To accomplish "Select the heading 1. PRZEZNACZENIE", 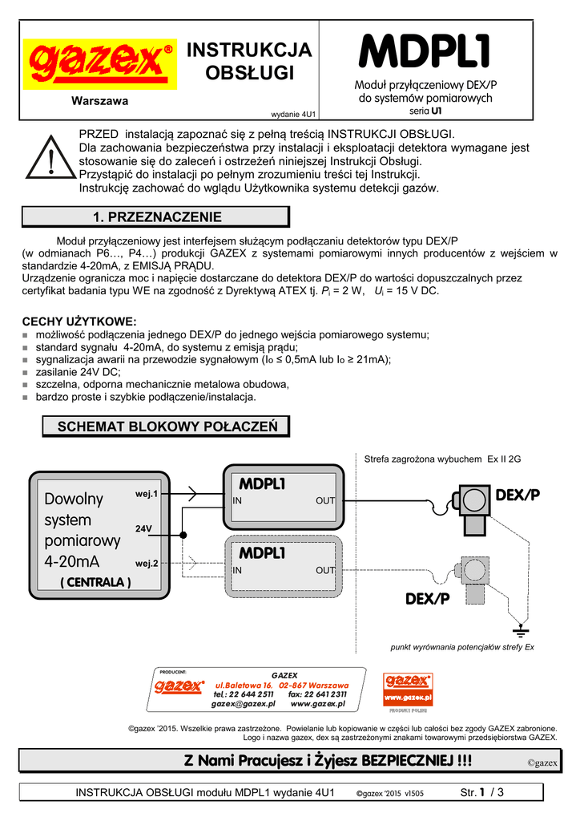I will pyautogui.click(x=157, y=216).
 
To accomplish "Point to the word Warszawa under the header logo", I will pyautogui.click(x=100, y=101).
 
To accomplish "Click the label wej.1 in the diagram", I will pyautogui.click(x=147, y=494).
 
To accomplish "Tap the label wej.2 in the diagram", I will pyautogui.click(x=147, y=564).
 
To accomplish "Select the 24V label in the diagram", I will pyautogui.click(x=143, y=529).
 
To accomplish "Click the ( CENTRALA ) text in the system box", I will pyautogui.click(x=96, y=583).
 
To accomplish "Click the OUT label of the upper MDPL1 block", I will pyautogui.click(x=324, y=501).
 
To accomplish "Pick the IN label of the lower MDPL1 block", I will pyautogui.click(x=237, y=571).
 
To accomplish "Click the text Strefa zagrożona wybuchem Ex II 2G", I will pyautogui.click(x=442, y=459).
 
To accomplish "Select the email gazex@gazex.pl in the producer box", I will pyautogui.click(x=244, y=703).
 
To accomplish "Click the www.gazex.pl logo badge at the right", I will pyautogui.click(x=409, y=690).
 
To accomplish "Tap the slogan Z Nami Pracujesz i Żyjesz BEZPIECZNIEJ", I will pyautogui.click(x=328, y=760).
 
